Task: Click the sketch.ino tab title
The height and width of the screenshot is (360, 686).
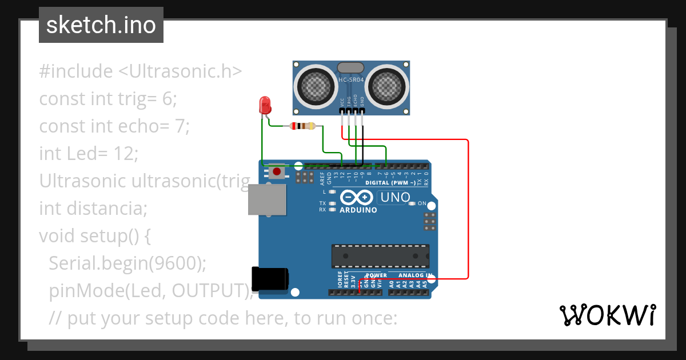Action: tap(101, 25)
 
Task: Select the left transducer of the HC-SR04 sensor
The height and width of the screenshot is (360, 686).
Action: tap(313, 86)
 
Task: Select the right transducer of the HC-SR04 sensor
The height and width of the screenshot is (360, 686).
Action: tap(386, 86)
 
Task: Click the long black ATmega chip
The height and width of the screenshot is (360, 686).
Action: tap(380, 255)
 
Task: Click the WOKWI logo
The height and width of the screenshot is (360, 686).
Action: tap(607, 315)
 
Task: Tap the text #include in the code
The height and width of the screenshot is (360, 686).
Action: tap(76, 71)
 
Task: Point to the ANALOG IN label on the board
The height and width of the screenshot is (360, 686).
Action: tap(416, 275)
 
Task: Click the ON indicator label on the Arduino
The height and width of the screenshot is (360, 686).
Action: tap(421, 203)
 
